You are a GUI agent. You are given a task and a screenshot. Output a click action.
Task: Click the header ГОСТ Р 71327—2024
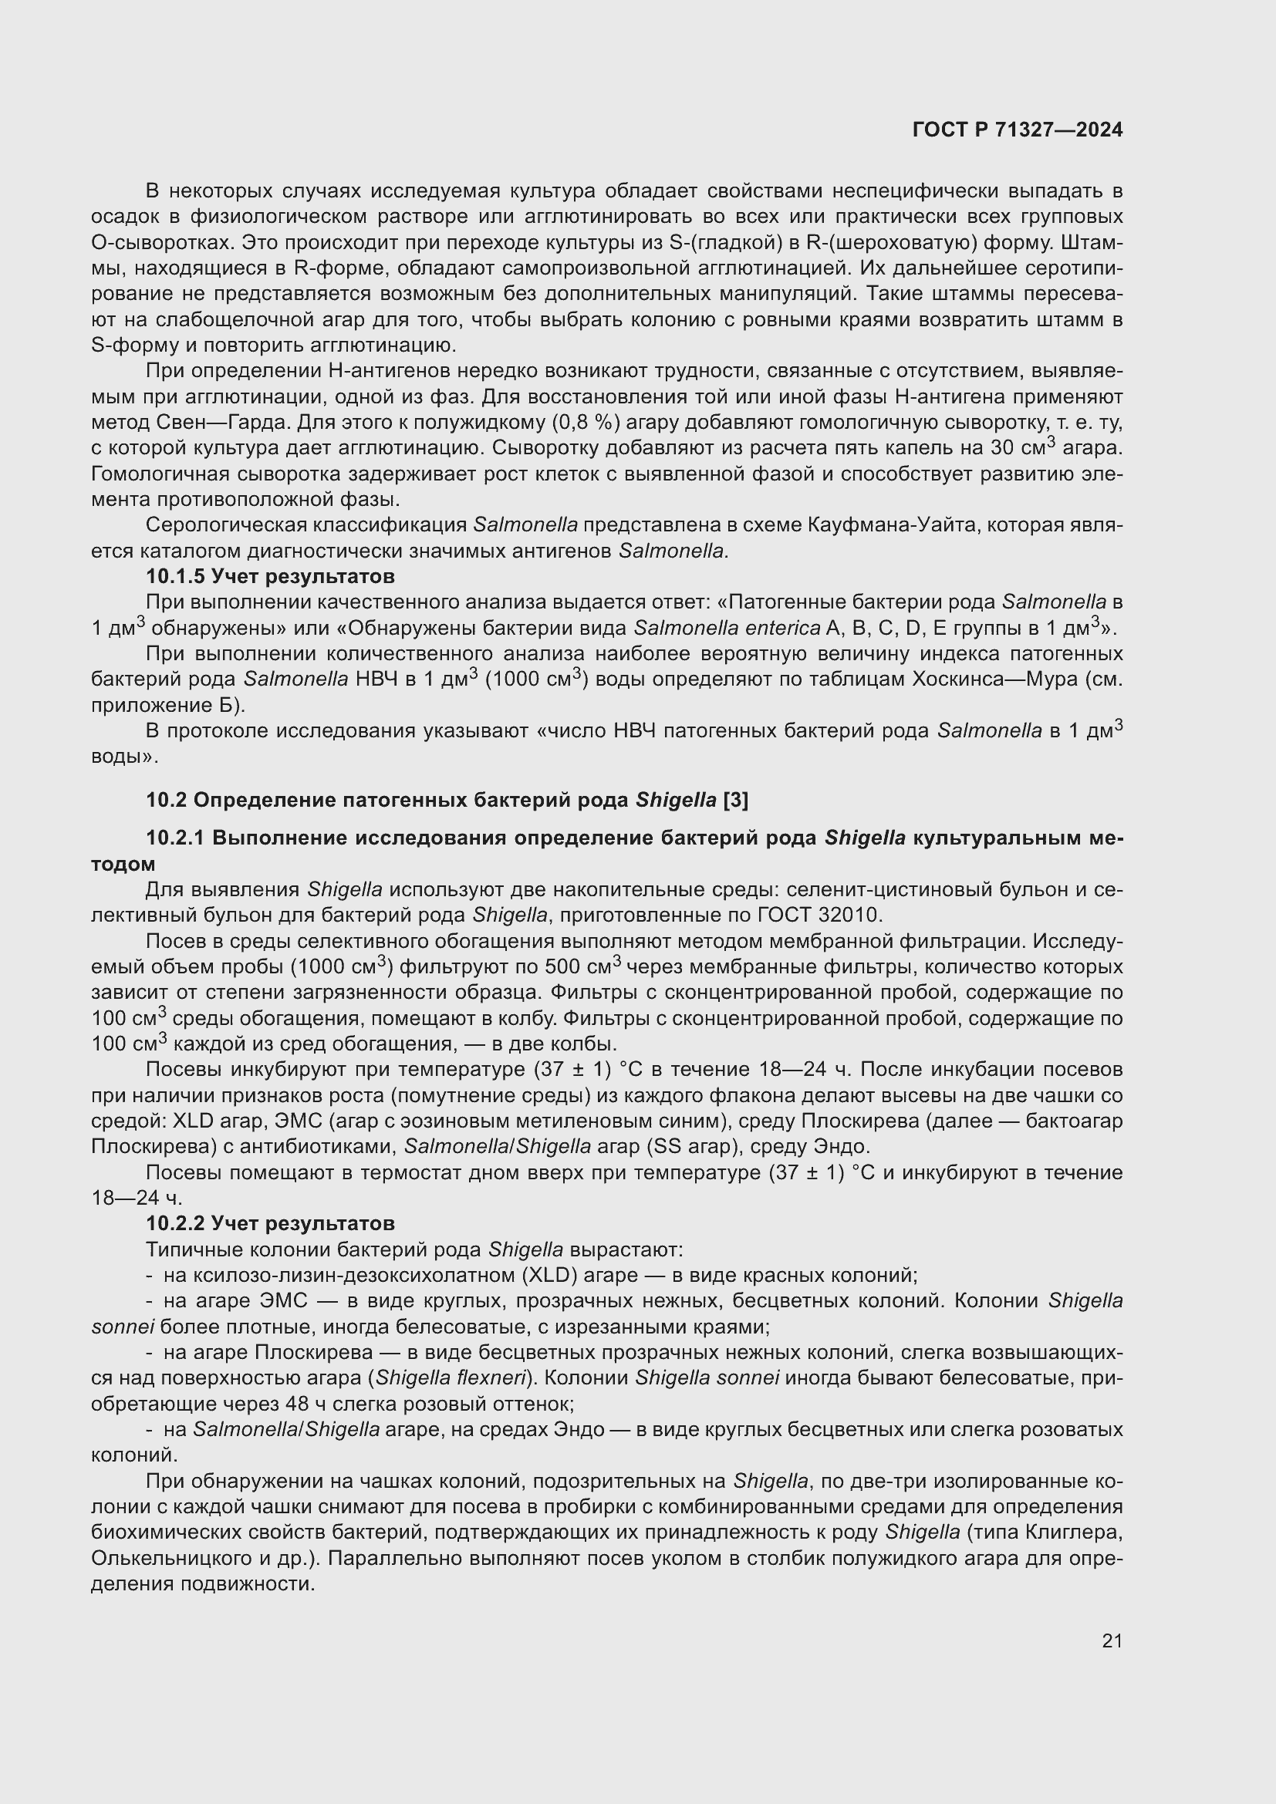coord(1018,130)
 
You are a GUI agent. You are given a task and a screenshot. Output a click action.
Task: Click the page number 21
coord(1112,1640)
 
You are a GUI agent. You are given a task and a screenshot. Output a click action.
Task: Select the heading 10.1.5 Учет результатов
coord(270,577)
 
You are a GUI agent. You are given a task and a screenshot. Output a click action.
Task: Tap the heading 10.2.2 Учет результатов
coord(270,1223)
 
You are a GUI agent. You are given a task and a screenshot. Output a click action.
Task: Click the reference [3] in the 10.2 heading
coord(735,800)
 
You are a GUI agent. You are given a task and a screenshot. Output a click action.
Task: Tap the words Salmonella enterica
coord(726,629)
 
